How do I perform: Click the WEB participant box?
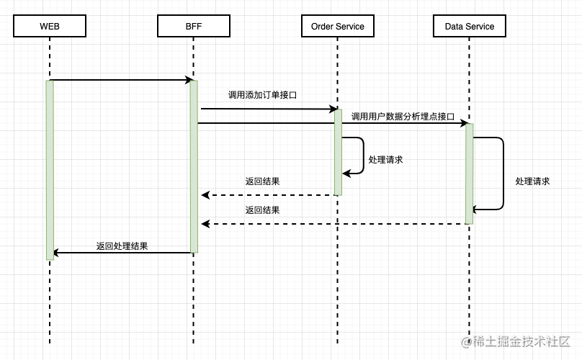pos(50,27)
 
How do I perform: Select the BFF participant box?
pos(193,27)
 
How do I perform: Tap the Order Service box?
pos(337,27)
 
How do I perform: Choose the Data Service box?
pos(469,27)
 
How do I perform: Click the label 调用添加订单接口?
pos(262,95)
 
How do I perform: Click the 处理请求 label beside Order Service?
pos(385,160)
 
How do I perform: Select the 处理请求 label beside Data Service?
pos(532,181)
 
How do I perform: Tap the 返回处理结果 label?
pos(122,246)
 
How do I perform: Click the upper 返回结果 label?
pos(262,181)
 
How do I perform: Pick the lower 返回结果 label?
pos(262,210)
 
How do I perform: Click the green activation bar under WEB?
pos(50,169)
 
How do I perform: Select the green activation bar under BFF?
pos(194,166)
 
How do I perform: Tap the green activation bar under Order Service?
pos(338,152)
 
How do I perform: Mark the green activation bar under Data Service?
pos(469,174)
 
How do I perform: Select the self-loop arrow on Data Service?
pos(502,174)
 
